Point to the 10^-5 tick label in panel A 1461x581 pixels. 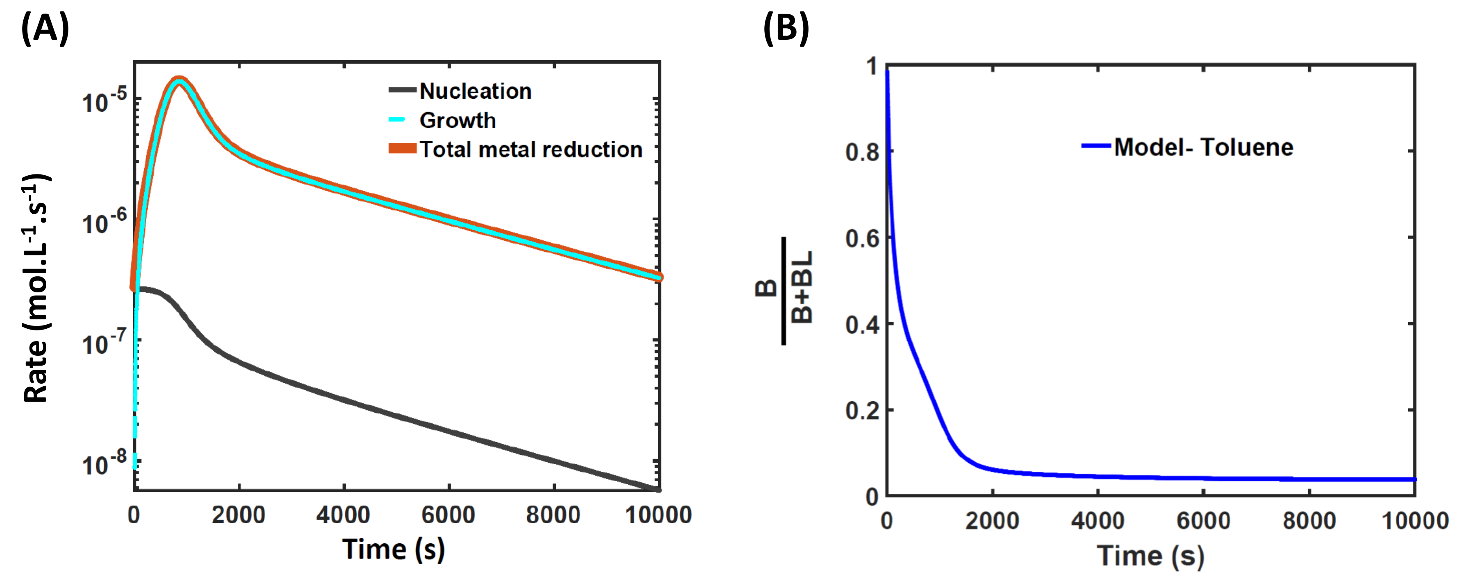click(103, 102)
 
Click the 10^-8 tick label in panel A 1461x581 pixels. click(103, 465)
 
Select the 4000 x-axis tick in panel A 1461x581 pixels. click(343, 515)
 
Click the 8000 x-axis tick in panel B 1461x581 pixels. click(1309, 520)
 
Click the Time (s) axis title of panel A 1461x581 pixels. click(393, 549)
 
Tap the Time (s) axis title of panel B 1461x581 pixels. click(1150, 556)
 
